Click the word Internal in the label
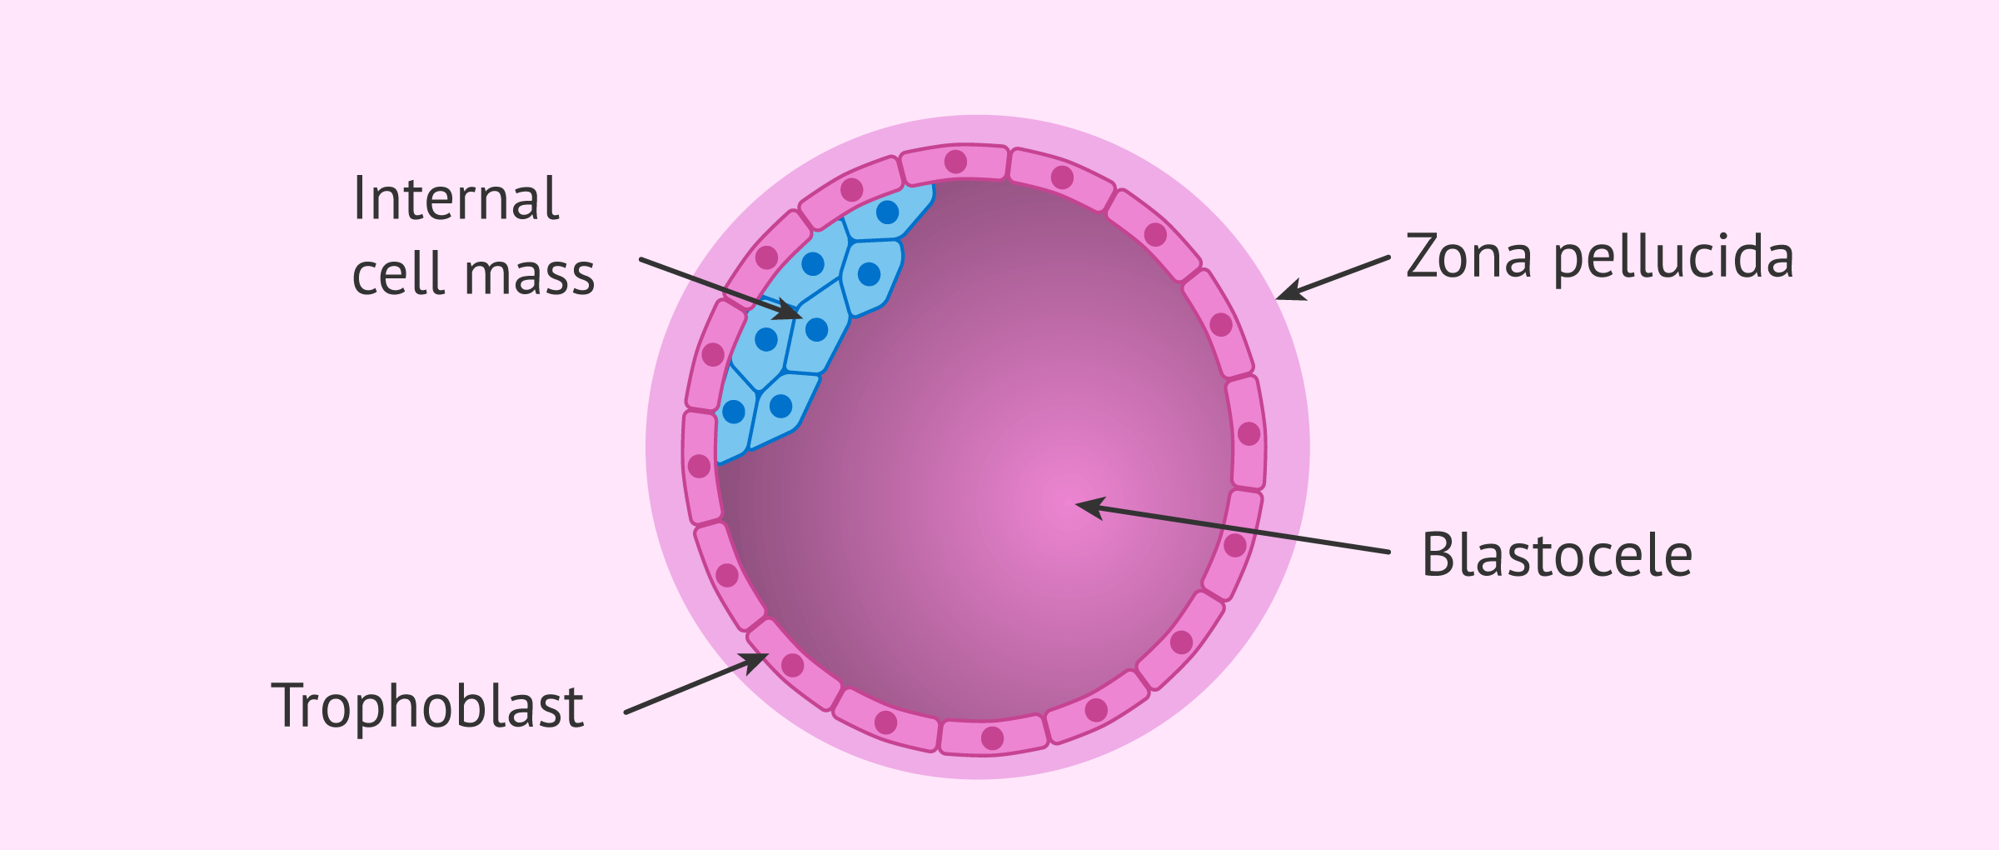456,199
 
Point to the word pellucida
1673,258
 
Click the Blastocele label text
1557,555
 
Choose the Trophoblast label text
427,707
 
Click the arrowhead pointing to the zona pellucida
1284,295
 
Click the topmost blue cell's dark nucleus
887,212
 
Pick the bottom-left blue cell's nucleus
734,412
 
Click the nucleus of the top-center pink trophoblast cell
955,162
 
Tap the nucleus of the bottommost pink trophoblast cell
992,737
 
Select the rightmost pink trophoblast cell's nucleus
1249,433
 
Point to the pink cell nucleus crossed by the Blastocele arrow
1234,546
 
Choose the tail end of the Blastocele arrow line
1388,552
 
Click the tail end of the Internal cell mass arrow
641,259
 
